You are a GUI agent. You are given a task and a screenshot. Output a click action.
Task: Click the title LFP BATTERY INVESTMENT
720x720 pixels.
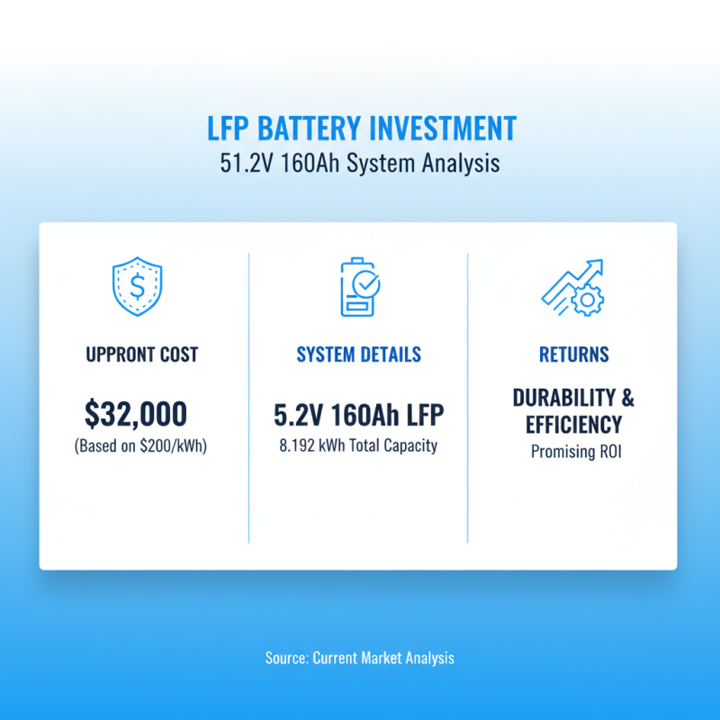[359, 129]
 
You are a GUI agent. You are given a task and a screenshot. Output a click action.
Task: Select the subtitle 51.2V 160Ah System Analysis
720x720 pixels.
[359, 165]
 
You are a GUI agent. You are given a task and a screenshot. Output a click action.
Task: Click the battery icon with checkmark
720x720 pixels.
[358, 287]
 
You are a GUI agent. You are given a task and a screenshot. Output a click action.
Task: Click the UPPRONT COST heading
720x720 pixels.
[142, 355]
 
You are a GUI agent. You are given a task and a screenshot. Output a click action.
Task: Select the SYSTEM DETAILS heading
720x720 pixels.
[358, 355]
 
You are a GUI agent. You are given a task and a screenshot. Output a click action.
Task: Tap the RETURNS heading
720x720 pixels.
[573, 355]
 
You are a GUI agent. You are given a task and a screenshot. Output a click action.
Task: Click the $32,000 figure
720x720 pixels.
[137, 413]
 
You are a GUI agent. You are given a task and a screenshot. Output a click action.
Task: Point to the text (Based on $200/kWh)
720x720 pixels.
[142, 445]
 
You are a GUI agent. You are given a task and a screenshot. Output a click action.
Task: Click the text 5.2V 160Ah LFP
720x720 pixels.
[358, 415]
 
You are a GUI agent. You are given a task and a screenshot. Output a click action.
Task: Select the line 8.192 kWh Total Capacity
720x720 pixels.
[358, 445]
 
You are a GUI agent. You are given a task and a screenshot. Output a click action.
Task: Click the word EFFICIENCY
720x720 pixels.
[573, 423]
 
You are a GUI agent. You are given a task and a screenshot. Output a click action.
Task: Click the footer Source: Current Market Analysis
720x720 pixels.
[359, 658]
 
